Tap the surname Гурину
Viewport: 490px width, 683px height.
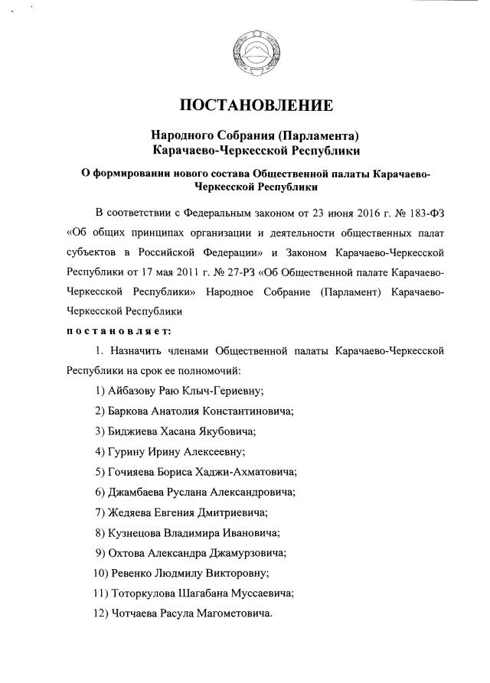[128, 451]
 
